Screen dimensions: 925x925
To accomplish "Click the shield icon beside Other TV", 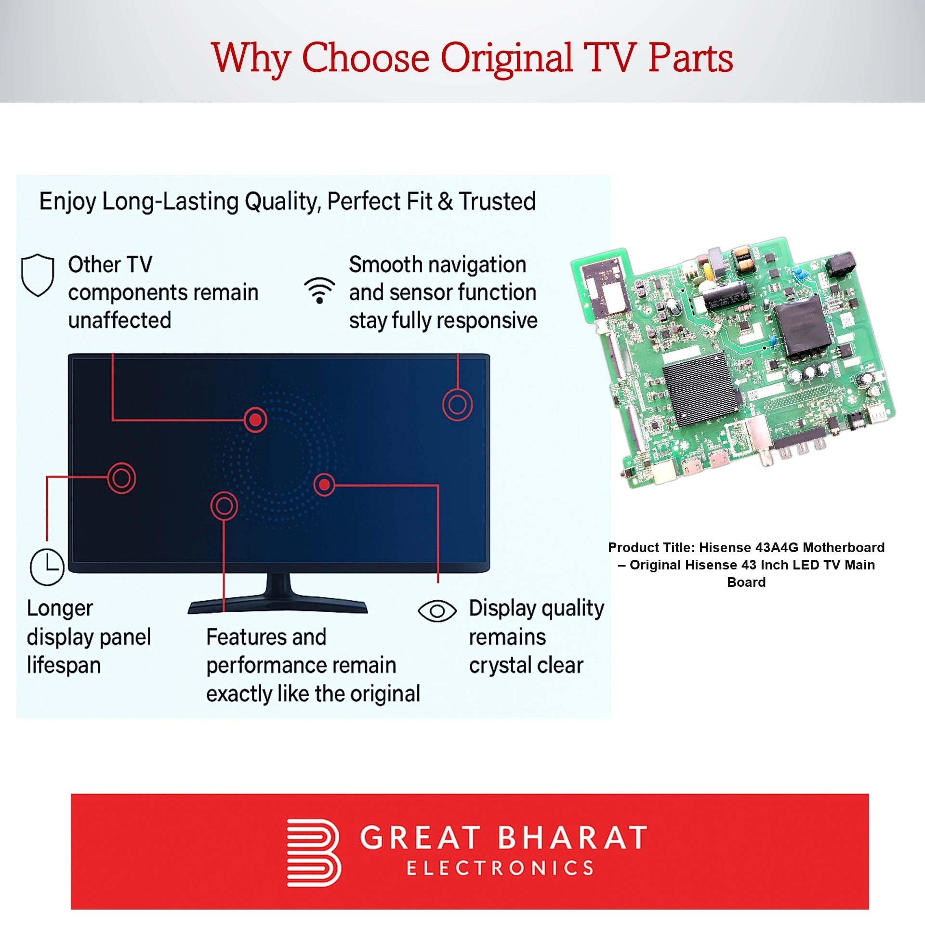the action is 38,275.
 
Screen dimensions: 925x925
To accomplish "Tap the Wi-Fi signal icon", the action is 319,290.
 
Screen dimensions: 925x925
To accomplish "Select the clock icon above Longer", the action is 47,567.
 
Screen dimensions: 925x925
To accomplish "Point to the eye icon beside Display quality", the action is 437,611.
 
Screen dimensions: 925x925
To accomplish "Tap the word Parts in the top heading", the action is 690,58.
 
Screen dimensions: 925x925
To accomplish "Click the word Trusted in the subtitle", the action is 497,201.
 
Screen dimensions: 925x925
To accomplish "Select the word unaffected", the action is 119,320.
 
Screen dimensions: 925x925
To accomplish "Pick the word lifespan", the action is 64,665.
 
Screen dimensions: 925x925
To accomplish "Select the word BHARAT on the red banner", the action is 572,837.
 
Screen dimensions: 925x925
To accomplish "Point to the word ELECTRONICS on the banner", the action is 501,868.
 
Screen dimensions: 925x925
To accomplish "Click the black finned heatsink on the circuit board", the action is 701,388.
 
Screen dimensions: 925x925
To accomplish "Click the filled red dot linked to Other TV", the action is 255,420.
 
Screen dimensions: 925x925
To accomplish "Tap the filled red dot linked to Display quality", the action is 325,484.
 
